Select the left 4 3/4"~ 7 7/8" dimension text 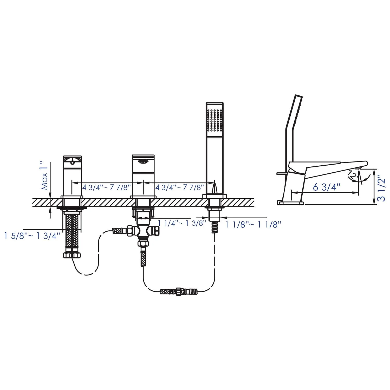coord(107,187)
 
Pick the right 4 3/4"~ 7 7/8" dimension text coord(180,187)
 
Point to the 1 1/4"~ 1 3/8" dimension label coord(182,223)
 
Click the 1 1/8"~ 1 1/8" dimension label coord(253,224)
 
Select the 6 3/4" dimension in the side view coord(327,187)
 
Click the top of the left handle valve coord(73,159)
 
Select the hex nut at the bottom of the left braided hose coord(72,255)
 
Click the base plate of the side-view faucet coord(290,203)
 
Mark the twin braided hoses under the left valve coord(72,231)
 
